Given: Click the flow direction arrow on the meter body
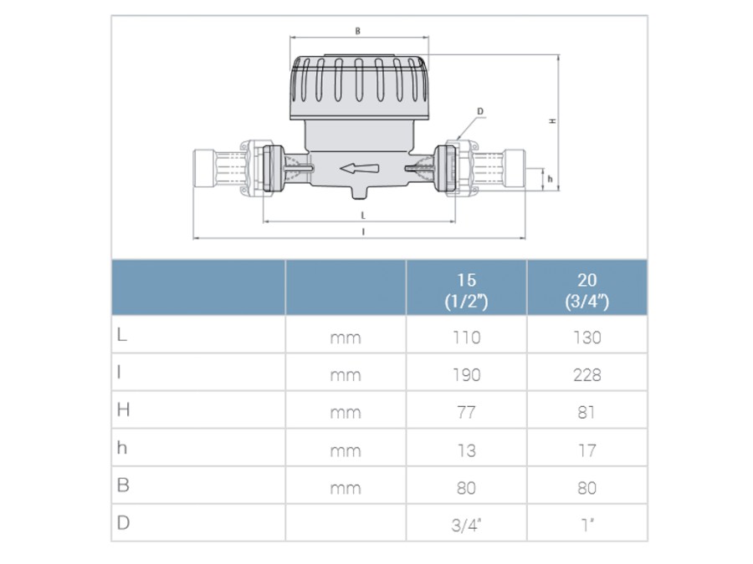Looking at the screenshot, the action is pos(359,168).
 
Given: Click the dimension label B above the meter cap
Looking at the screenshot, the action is pos(358,31).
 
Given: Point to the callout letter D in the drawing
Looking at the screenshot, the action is pos(480,111).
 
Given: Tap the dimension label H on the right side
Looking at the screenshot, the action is pos(553,121).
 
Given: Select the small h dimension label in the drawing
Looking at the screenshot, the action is pos(551,179).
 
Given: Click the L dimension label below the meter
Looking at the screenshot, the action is pos(363,216).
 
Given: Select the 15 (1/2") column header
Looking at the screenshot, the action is pos(466,290).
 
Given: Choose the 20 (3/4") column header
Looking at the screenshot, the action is pos(587,290).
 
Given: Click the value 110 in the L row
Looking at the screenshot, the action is pos(466,338).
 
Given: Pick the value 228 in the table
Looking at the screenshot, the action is pos(587,375).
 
